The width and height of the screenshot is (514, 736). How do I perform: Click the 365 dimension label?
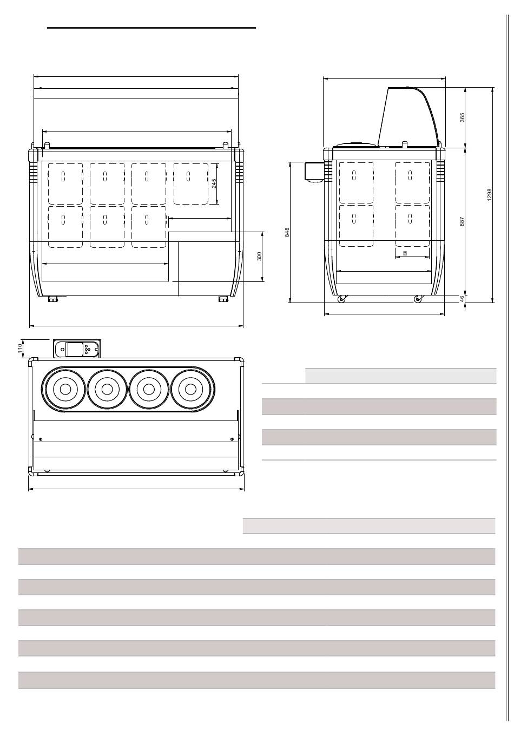tap(462, 117)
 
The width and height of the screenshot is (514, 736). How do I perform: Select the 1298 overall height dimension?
tap(489, 195)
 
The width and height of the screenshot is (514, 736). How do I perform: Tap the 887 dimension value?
tap(462, 221)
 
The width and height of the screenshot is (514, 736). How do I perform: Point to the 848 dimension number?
tap(287, 232)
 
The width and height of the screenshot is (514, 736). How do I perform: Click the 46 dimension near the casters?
tap(462, 299)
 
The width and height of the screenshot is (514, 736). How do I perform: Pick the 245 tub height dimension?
tap(214, 183)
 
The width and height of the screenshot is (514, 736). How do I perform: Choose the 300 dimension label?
tap(259, 257)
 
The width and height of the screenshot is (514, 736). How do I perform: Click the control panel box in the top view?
tap(77, 349)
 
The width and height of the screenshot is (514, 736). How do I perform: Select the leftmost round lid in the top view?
tap(65, 389)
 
